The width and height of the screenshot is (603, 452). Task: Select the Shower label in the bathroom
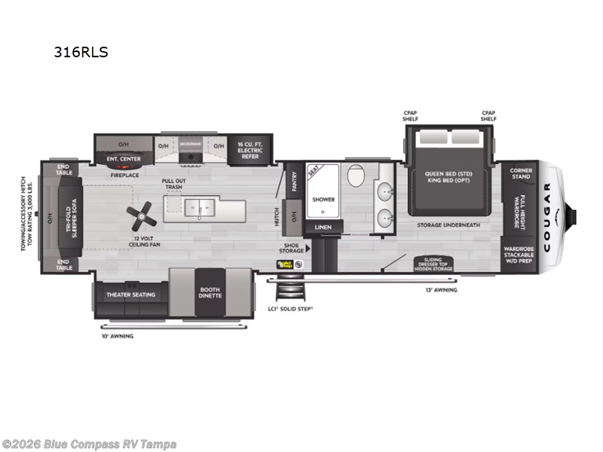(x=323, y=200)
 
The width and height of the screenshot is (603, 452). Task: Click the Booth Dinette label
(x=210, y=292)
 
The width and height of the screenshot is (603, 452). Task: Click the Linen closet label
(x=323, y=227)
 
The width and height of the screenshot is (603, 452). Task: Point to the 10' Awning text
(x=117, y=336)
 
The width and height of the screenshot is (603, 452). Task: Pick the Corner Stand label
(x=521, y=173)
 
